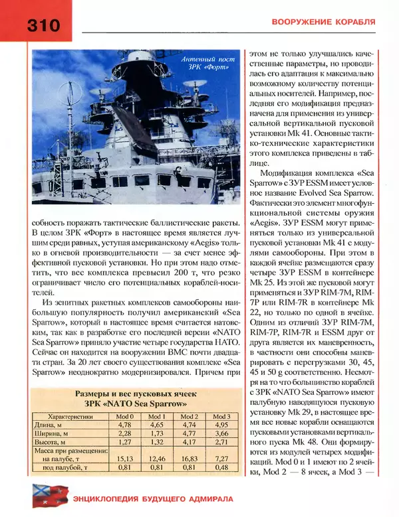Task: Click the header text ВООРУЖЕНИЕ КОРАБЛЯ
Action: [324, 22]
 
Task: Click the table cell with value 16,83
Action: [190, 457]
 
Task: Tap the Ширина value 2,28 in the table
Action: [124, 432]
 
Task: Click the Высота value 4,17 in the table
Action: [190, 440]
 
